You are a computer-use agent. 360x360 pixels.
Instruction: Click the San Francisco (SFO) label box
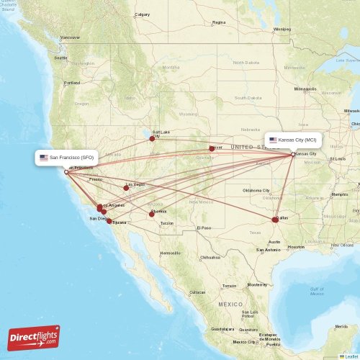click(66, 157)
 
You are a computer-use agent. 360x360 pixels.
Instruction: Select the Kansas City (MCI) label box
click(292, 140)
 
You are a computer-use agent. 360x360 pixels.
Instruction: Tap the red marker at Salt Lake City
click(152, 138)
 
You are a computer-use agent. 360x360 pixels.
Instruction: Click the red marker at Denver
click(212, 148)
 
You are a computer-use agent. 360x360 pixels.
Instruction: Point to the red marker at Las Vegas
click(126, 187)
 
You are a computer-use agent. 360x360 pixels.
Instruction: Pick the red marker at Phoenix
click(151, 213)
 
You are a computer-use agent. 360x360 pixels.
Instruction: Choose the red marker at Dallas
click(274, 219)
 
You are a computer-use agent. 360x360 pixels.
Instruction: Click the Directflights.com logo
click(34, 337)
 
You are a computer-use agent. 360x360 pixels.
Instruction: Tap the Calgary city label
click(143, 14)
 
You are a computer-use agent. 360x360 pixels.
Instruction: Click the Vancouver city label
click(71, 37)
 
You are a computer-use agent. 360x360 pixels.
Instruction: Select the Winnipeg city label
click(282, 29)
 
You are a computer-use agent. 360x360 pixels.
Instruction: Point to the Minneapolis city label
click(305, 89)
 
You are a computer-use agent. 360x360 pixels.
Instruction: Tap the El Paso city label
click(204, 228)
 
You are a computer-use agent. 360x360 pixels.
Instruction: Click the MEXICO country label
click(231, 304)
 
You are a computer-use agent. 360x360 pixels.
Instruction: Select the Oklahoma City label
click(256, 190)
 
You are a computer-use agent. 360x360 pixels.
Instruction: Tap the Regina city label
click(219, 22)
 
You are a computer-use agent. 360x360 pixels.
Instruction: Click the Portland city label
click(72, 83)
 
